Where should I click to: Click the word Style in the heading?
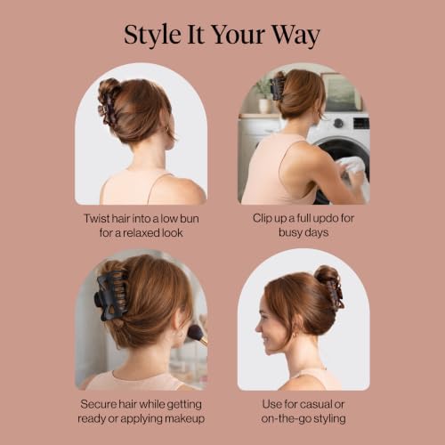(x=152, y=35)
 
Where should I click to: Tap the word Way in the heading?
(x=295, y=36)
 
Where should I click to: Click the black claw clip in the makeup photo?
(x=111, y=295)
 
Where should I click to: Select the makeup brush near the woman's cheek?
(x=197, y=335)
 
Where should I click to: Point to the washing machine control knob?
(x=338, y=123)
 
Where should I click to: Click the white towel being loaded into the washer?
(x=354, y=172)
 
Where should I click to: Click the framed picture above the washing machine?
(x=341, y=92)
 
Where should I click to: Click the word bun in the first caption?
(x=189, y=219)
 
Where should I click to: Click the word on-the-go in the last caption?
(x=286, y=418)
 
